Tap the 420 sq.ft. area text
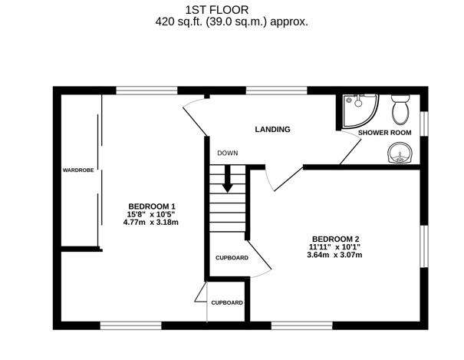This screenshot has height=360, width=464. coord(232,22)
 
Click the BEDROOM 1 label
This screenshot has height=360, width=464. coord(152,206)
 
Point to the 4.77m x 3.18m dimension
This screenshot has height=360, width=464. coord(151,223)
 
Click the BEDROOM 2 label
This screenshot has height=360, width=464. coord(336,237)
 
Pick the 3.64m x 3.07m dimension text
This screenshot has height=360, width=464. coord(334,255)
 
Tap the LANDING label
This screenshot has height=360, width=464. coord(273,130)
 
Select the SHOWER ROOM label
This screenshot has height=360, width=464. coord(385,133)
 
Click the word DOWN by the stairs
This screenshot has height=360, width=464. coord(227,153)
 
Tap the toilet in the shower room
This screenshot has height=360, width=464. coord(400,111)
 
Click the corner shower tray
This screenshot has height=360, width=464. coord(357,109)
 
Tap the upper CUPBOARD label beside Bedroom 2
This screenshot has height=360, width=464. coord(232,258)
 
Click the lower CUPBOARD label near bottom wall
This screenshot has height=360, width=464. coord(227,302)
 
